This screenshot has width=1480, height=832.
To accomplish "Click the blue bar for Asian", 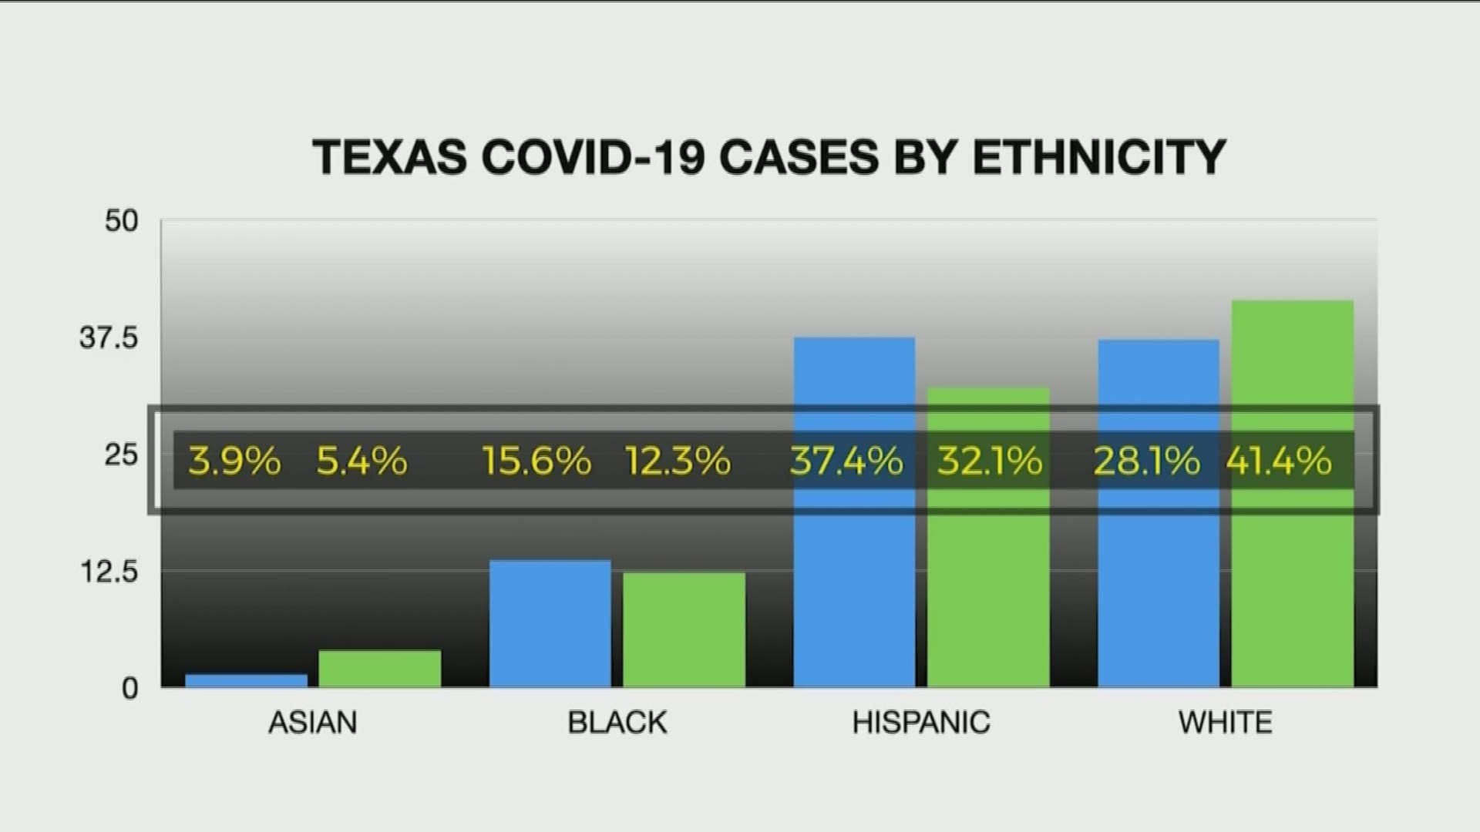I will coord(246,680).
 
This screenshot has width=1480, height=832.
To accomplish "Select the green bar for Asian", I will coord(379,668).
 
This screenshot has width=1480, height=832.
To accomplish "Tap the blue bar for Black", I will coord(550,623).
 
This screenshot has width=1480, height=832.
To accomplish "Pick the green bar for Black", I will coord(684,629).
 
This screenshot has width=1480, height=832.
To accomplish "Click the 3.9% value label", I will coord(234,461).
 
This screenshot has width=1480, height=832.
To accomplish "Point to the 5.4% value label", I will coord(362,461).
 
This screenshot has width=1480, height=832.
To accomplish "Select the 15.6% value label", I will coord(536,461).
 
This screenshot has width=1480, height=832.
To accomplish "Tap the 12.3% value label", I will coord(678,461).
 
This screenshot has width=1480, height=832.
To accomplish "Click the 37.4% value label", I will coord(846,461).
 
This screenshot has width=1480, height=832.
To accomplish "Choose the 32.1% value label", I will coord(990,461).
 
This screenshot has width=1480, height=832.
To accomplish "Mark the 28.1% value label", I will coord(1146,461).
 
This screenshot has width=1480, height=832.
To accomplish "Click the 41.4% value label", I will coord(1279,461).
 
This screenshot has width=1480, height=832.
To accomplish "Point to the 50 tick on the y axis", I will coord(122,222).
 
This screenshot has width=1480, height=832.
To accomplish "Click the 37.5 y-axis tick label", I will coord(109,338).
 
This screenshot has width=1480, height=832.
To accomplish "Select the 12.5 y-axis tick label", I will coord(109,572).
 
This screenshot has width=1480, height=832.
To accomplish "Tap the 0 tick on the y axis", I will coord(130,688).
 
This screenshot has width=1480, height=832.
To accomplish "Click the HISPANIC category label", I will coord(921,723).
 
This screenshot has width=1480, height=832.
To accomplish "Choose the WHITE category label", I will coord(1225,723).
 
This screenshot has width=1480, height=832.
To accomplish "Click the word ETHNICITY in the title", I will coord(1098,157).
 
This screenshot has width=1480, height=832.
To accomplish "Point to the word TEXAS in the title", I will coord(389,157).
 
